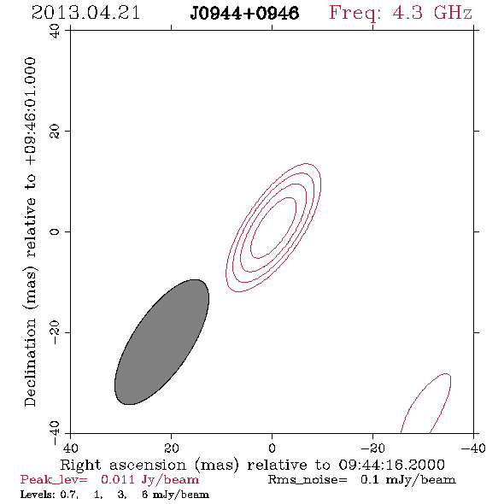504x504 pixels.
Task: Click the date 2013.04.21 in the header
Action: tap(85, 13)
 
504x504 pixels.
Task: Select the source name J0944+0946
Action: tap(244, 14)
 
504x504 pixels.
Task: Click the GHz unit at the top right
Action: tap(453, 13)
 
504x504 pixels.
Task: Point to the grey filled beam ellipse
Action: tap(162, 342)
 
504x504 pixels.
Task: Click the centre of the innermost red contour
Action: tap(273, 227)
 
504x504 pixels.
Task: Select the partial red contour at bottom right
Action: tap(426, 403)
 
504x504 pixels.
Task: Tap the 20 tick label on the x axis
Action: tap(171, 448)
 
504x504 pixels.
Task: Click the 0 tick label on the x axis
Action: tap(272, 448)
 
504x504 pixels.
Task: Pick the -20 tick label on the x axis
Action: tap(372, 448)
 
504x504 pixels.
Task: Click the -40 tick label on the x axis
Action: tap(473, 448)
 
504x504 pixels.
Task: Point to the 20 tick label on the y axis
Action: tap(55, 132)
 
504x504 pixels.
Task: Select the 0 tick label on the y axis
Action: tap(55, 231)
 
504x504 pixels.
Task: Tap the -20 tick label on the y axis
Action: tap(55, 332)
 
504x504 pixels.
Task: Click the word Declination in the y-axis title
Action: tap(30, 363)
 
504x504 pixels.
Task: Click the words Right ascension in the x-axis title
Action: tap(123, 465)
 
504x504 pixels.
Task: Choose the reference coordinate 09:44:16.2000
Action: tap(391, 465)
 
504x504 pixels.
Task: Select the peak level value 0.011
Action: tap(118, 479)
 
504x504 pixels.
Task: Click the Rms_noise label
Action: tap(308, 480)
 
